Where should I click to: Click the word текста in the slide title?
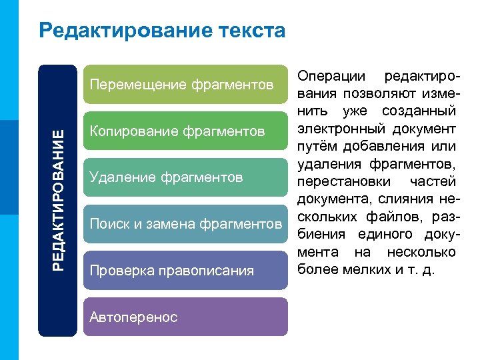coord(253,31)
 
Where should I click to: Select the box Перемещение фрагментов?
coord(186,85)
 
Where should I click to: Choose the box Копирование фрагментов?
coord(186,131)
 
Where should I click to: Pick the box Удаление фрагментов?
coord(186,177)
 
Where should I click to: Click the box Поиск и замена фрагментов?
coord(186,224)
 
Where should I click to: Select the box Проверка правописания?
coord(186,271)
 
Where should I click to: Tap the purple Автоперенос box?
coord(186,317)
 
